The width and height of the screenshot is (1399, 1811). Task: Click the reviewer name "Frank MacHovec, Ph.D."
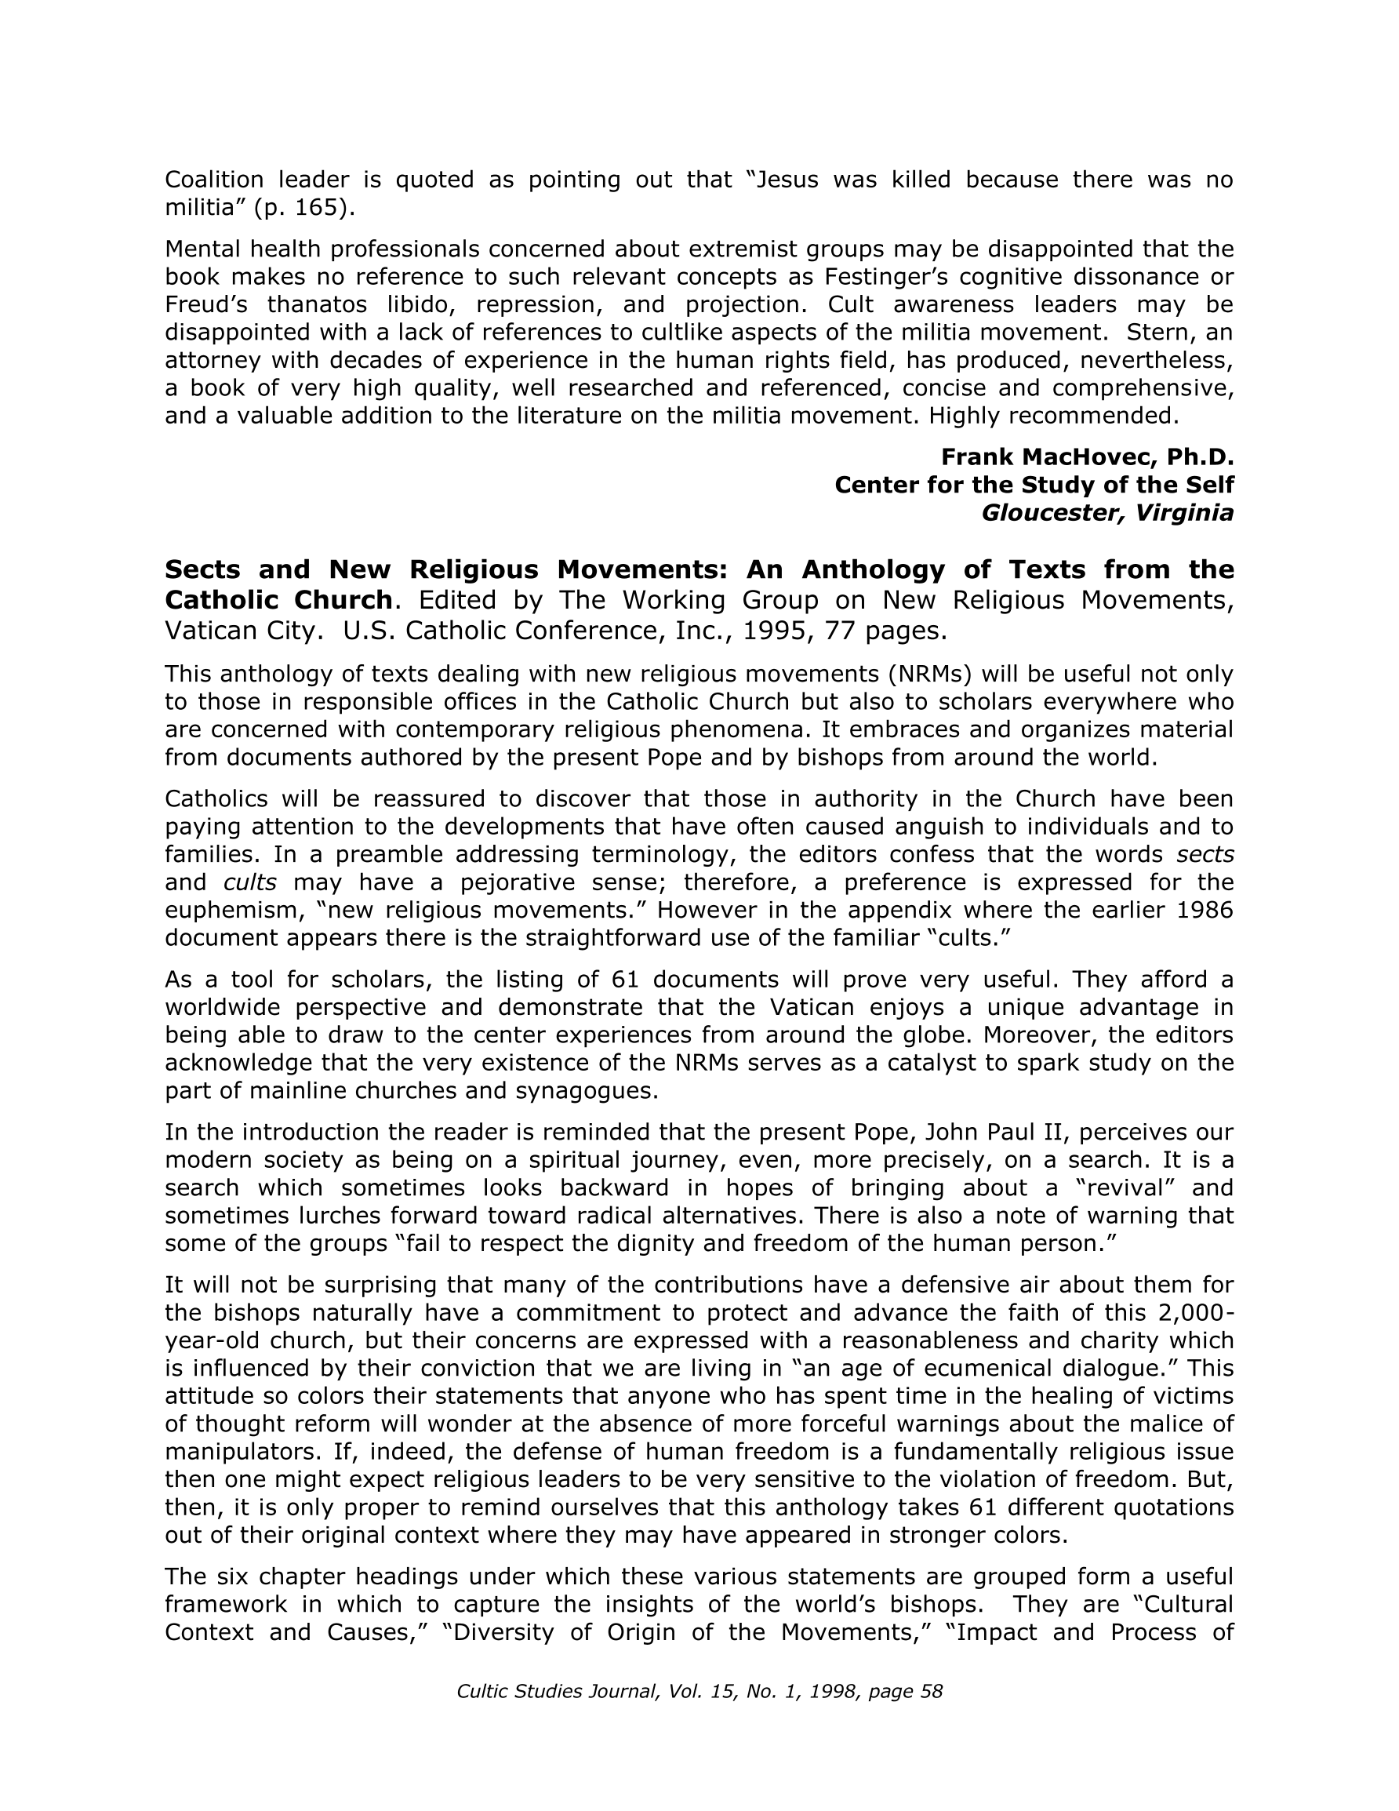[x=1087, y=457]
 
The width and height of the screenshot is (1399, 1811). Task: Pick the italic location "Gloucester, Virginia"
[x=1107, y=513]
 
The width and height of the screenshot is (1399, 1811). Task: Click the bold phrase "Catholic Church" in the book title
[x=278, y=599]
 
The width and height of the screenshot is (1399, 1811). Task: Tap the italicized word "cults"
[x=249, y=882]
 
